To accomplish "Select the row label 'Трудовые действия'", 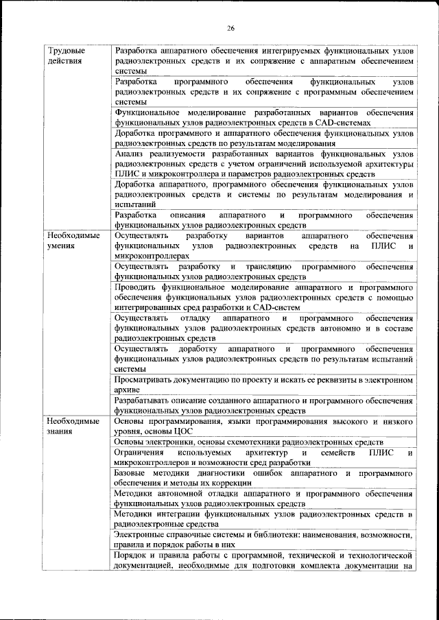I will coord(66,56).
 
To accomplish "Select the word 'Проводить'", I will coord(136,286).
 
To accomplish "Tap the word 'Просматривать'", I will coord(147,379).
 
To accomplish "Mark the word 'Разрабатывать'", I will coord(147,400).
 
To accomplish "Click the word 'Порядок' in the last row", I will coord(132,555).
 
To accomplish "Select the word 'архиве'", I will coord(128,390).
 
